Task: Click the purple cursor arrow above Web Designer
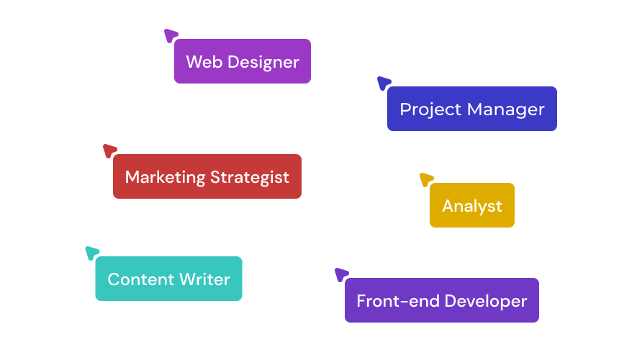[171, 35]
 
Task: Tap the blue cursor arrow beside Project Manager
[384, 83]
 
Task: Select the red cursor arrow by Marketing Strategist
[109, 150]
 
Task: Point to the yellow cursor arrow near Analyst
[426, 179]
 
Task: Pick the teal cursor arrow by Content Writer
[92, 253]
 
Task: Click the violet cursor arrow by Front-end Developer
[341, 274]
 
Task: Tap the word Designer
[263, 63]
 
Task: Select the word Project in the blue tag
[430, 110]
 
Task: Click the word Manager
[506, 110]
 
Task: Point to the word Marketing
[165, 178]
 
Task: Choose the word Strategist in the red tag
[250, 178]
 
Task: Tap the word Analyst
[472, 207]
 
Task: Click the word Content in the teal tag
[141, 279]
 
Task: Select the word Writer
[205, 279]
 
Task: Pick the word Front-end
[398, 301]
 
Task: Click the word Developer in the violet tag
[486, 302]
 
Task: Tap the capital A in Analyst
[448, 206]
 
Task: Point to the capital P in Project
[405, 109]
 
